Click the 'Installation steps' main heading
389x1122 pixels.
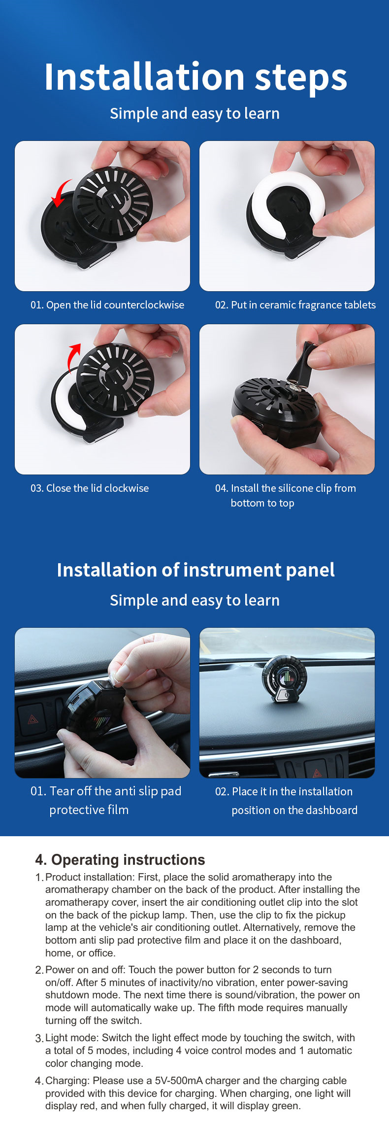tap(195, 77)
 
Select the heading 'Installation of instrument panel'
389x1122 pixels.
tap(195, 570)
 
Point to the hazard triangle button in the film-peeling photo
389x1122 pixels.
tap(33, 719)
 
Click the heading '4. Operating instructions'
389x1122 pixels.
tap(120, 860)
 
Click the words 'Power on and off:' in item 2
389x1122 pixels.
tap(86, 970)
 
